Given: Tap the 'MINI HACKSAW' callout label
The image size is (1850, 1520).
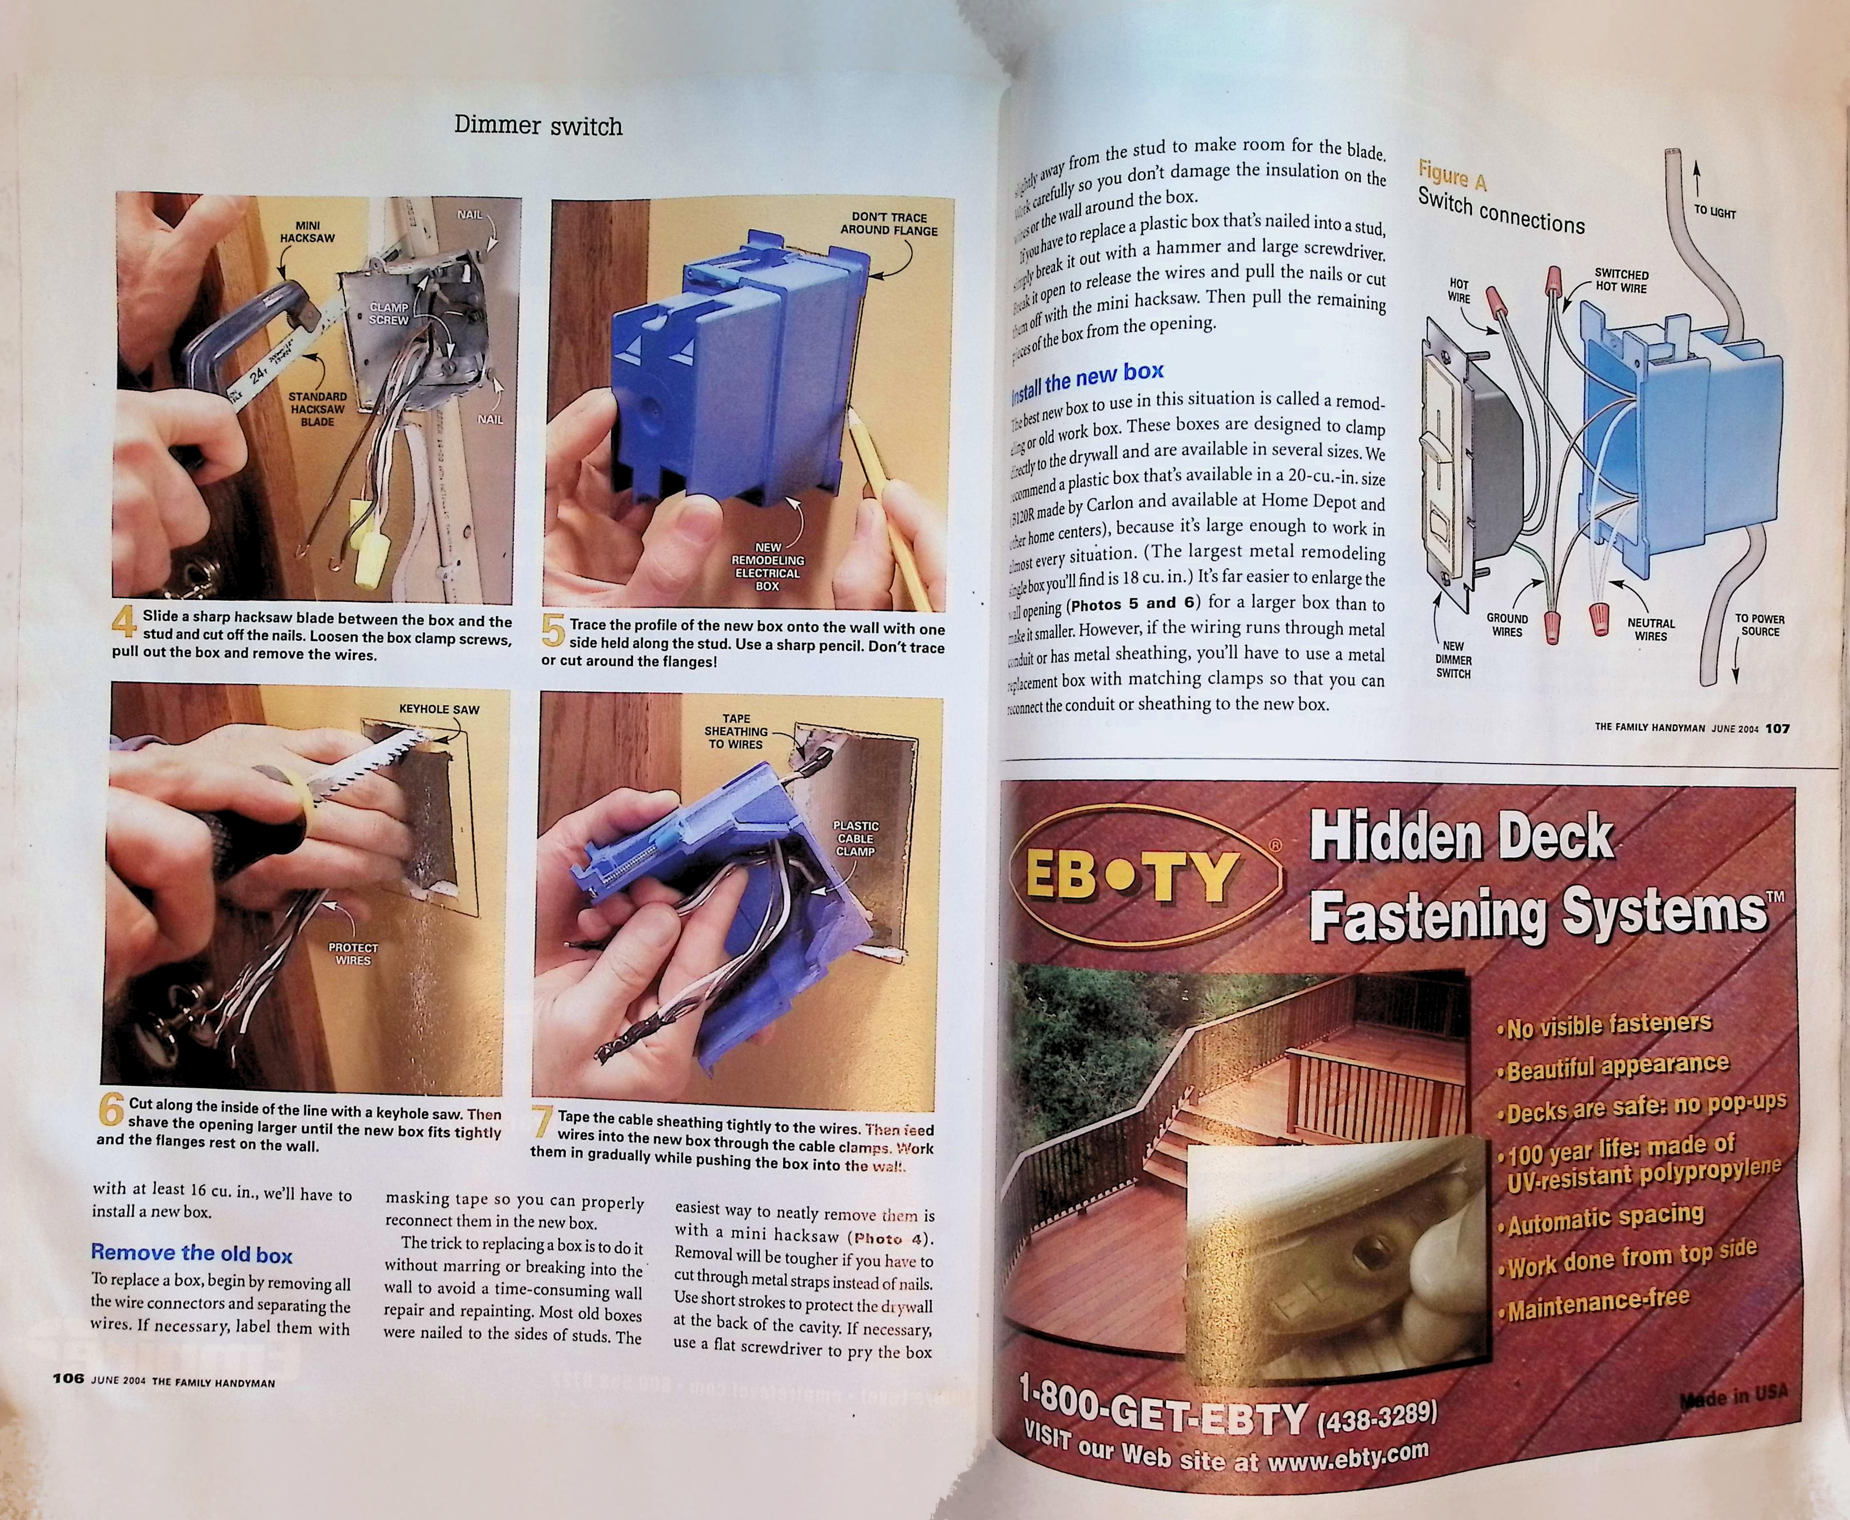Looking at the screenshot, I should pyautogui.click(x=307, y=232).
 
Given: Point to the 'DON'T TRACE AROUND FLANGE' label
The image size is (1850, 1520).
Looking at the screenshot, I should pyautogui.click(x=889, y=224).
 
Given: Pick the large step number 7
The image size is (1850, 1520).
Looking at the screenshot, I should pyautogui.click(x=543, y=1122).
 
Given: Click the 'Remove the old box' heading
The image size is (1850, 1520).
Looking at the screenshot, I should pyautogui.click(x=192, y=1254).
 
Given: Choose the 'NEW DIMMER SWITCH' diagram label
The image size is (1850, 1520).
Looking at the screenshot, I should pyautogui.click(x=1453, y=659).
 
